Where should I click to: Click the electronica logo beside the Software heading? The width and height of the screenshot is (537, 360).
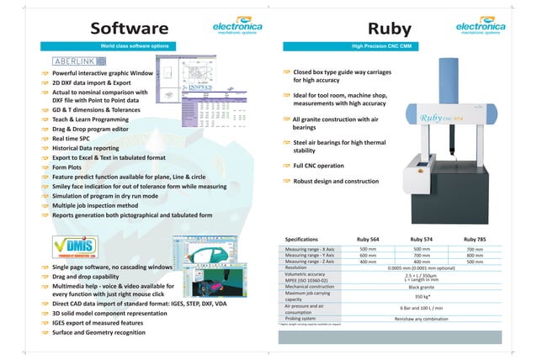coord(237,30)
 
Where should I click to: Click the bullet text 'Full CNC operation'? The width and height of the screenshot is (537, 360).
coord(319,166)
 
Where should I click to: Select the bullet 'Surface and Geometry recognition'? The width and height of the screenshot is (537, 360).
coord(102,332)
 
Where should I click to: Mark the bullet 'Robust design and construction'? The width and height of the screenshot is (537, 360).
coord(336,182)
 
